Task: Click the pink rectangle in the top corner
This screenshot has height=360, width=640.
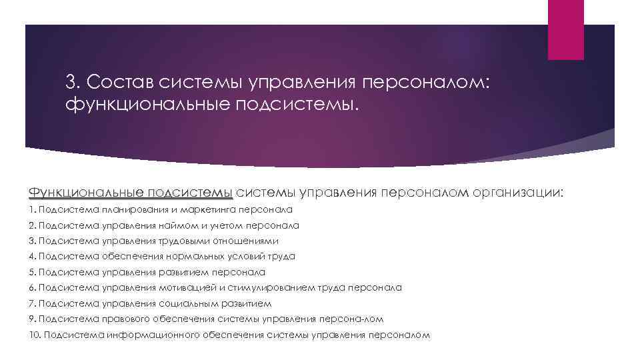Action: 565,29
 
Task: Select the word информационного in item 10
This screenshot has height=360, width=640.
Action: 151,335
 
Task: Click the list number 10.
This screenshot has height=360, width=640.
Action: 35,335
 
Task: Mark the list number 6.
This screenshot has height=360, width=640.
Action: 33,287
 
